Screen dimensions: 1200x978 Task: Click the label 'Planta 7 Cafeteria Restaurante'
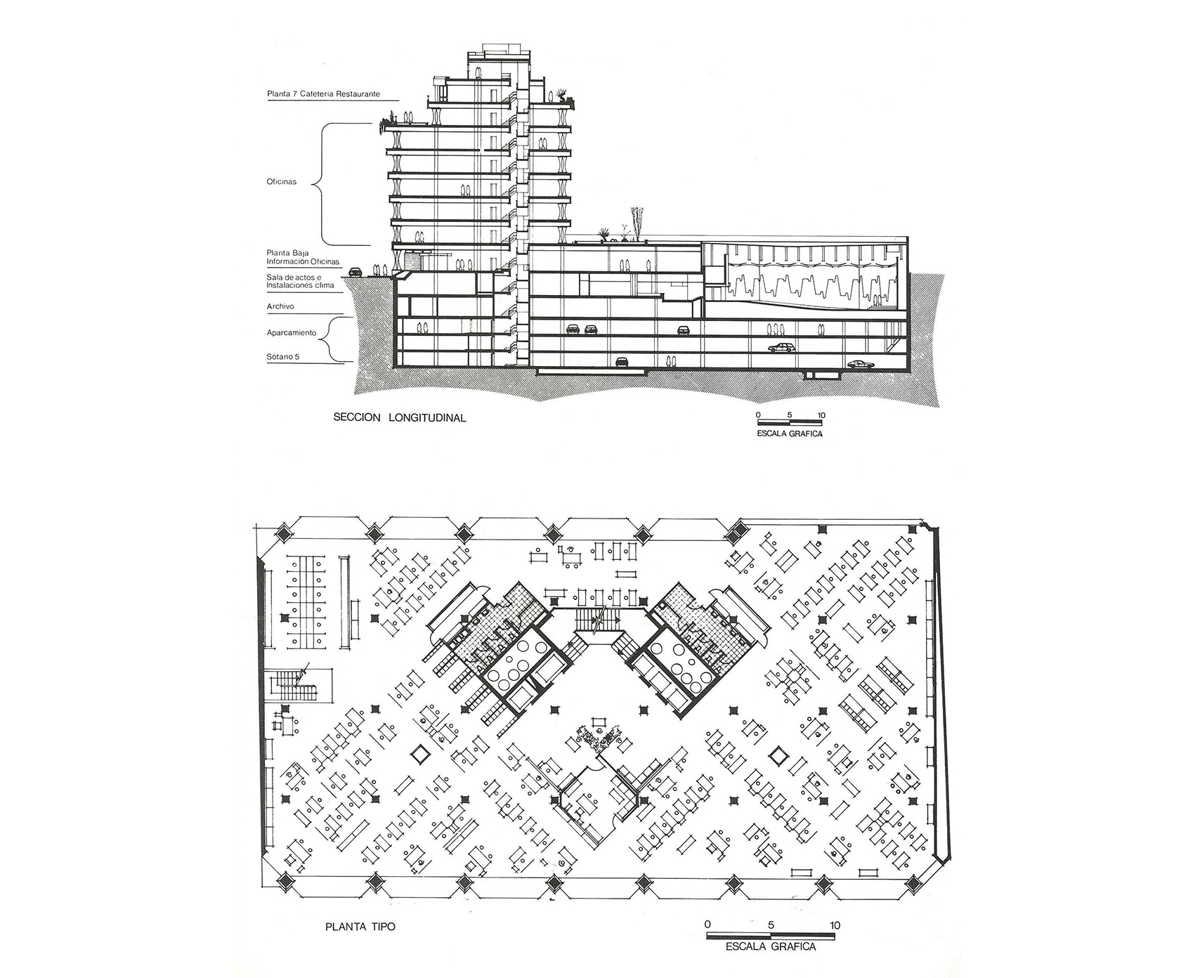coord(324,93)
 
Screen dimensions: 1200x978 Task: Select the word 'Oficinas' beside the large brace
coord(282,182)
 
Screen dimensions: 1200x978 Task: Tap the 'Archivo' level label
coord(280,306)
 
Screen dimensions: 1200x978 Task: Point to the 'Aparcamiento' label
coord(292,333)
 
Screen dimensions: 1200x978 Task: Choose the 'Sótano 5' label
coord(283,357)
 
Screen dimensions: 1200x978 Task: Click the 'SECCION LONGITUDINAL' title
coord(400,417)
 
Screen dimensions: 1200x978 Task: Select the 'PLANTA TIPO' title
coord(360,926)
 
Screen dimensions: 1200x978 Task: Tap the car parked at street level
coord(355,270)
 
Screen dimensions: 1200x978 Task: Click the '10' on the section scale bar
coord(821,415)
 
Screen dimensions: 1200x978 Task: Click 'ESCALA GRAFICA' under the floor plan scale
coord(771,946)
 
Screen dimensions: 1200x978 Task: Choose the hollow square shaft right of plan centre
coord(778,755)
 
